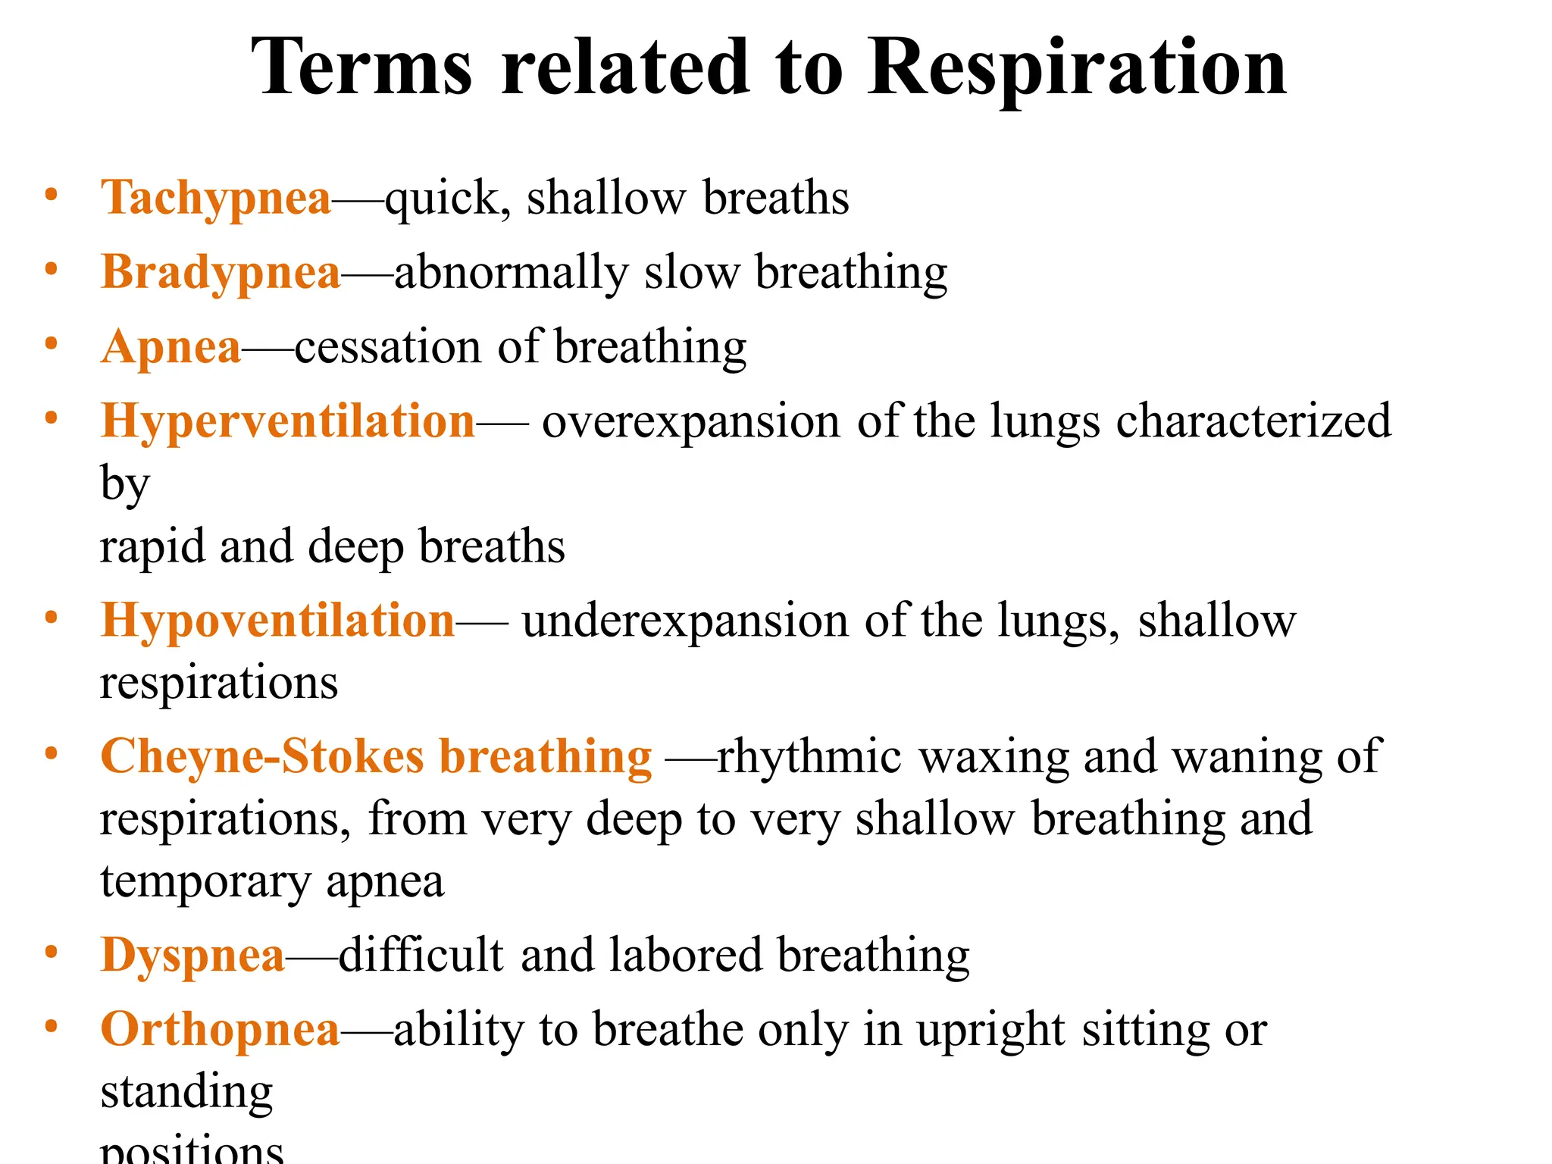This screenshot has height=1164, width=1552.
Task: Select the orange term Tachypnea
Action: [x=216, y=199]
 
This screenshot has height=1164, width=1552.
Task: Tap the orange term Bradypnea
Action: [x=221, y=273]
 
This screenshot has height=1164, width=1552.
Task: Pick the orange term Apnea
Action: [x=171, y=348]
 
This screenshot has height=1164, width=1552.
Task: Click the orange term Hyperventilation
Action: [x=288, y=421]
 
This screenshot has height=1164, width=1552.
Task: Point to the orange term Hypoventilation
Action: [x=277, y=621]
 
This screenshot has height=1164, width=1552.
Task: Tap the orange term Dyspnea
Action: [x=192, y=956]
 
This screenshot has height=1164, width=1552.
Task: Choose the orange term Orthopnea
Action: [x=220, y=1030]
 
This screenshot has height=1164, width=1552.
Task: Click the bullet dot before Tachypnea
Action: [x=51, y=195]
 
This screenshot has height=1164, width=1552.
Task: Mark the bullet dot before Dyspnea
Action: [x=51, y=952]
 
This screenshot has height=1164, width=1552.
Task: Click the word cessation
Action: [x=387, y=348]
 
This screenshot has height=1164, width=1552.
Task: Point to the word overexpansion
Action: [x=690, y=421]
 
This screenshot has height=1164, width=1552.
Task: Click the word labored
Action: [x=685, y=955]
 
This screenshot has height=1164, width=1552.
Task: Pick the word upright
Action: [x=990, y=1031]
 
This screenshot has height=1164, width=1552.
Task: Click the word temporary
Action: [x=205, y=882]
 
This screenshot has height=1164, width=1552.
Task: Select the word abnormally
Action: [x=512, y=273]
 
